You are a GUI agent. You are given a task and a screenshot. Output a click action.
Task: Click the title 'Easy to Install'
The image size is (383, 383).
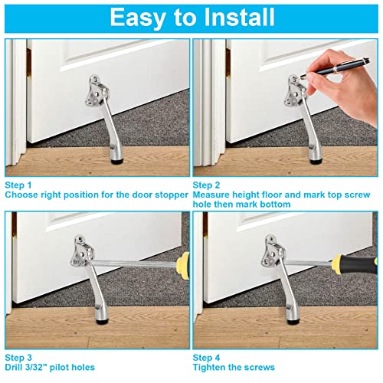[191, 17]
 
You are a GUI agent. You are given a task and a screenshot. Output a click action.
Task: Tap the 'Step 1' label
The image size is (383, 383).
[19, 185]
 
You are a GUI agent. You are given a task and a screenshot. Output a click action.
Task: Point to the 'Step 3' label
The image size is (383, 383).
[19, 357]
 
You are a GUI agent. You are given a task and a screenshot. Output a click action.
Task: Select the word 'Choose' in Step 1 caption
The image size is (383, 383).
[22, 195]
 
